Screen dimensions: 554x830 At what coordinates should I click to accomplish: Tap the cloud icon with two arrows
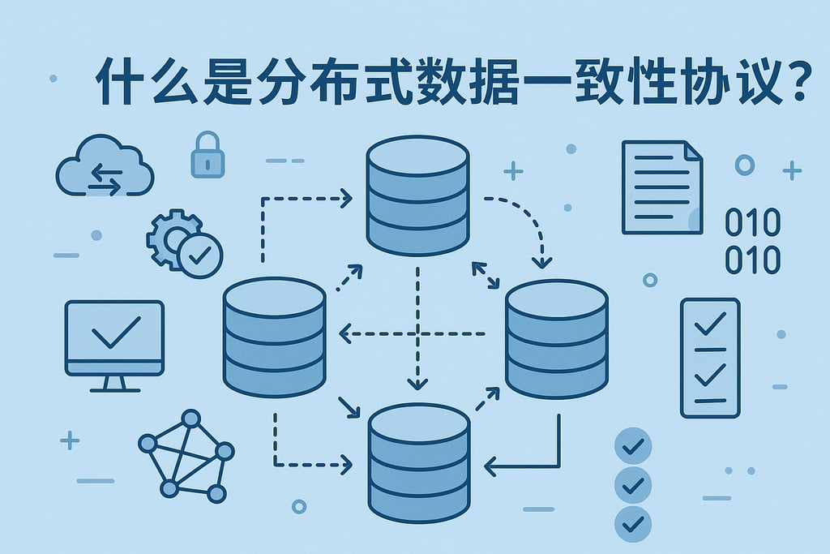click(105, 168)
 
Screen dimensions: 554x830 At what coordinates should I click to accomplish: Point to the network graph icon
click(186, 454)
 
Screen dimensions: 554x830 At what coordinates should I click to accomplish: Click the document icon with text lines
click(661, 187)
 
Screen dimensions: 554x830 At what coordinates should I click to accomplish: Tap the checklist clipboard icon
click(709, 358)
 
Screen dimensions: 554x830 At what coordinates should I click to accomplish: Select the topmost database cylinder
click(417, 195)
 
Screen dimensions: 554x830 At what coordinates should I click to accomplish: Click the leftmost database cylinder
click(274, 337)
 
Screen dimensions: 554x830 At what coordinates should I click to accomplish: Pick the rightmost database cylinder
click(556, 339)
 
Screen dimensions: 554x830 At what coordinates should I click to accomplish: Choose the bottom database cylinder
click(419, 465)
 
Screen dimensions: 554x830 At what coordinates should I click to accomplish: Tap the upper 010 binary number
click(753, 223)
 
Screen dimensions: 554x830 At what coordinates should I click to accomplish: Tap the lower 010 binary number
click(753, 260)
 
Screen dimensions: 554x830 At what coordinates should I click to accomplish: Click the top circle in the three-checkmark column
click(634, 445)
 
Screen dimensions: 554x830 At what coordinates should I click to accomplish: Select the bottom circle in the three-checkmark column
click(634, 522)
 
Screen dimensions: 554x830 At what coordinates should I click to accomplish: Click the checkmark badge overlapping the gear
click(199, 255)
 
